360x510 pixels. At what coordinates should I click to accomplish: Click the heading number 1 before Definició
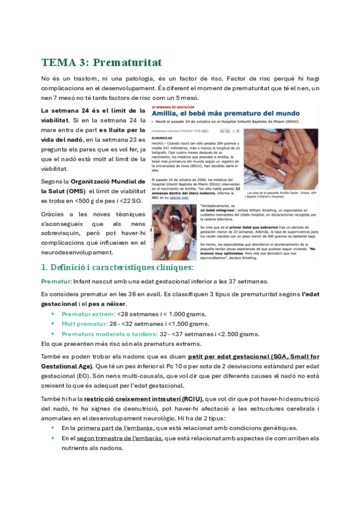pos(44,267)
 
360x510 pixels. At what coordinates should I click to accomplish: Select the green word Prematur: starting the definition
pos(56,281)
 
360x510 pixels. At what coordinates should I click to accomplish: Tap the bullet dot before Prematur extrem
pos(53,315)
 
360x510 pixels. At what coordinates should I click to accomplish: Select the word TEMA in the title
pos(56,63)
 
